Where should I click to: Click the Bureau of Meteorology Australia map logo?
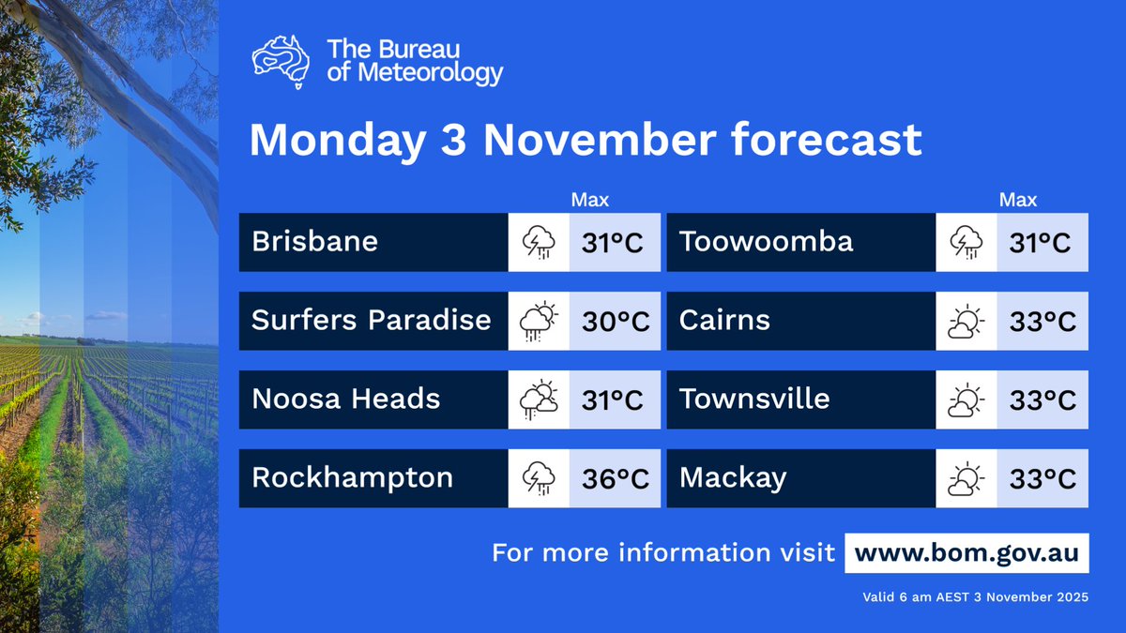point(281,61)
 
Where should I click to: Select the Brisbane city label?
point(314,242)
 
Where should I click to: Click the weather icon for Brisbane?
point(539,243)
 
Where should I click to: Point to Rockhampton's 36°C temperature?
point(615,479)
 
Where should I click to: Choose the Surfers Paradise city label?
point(372,321)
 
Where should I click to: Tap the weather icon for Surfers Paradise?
point(539,322)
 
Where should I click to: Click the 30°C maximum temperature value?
point(615,322)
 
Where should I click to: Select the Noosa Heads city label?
point(345,399)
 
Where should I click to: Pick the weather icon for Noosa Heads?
point(539,400)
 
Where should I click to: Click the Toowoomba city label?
point(767,242)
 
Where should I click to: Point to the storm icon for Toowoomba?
point(966,243)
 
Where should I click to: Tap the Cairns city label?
point(724,321)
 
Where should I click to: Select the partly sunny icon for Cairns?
point(966,322)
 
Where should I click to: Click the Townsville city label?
point(754,399)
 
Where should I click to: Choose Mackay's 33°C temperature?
point(1042,479)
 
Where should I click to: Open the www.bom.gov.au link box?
point(966,552)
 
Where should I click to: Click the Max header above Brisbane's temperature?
point(590,200)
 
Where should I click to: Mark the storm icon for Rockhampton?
point(539,479)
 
